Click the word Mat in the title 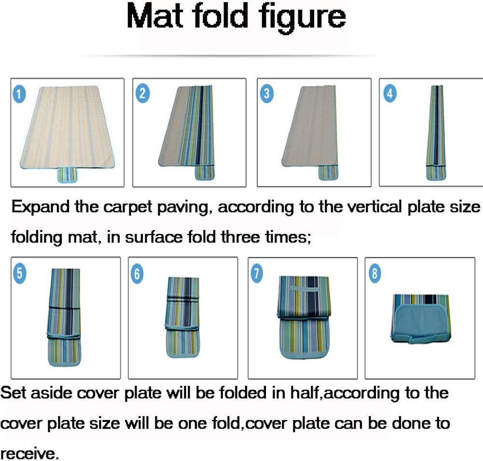tap(155, 16)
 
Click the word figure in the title tap(302, 18)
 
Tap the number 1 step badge tap(19, 94)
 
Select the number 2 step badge tap(142, 93)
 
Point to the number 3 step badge tap(267, 94)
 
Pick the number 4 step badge tap(390, 93)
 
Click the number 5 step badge tap(20, 273)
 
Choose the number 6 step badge tap(137, 273)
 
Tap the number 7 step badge tap(257, 273)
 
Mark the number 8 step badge tap(374, 273)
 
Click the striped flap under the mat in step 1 tap(68, 175)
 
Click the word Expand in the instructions tap(40, 207)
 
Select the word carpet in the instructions tap(127, 207)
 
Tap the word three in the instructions tap(241, 237)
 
